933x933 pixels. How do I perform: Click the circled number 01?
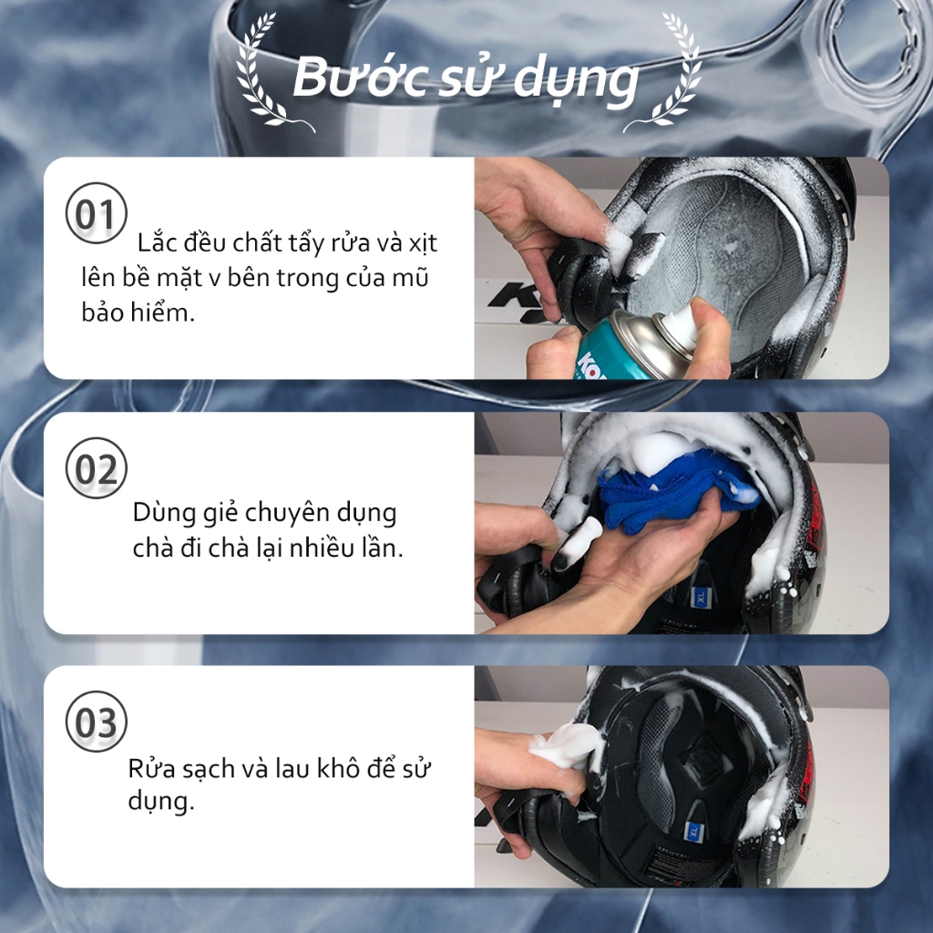click(x=97, y=213)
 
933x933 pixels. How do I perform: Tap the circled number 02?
click(x=97, y=468)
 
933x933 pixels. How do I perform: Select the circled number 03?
click(x=97, y=722)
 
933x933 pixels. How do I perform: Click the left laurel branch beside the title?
click(x=268, y=75)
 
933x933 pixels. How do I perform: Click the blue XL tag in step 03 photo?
click(x=693, y=831)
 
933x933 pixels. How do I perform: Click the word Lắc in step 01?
click(x=156, y=242)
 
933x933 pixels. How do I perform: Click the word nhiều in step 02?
click(x=323, y=548)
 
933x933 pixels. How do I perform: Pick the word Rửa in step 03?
click(x=152, y=769)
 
